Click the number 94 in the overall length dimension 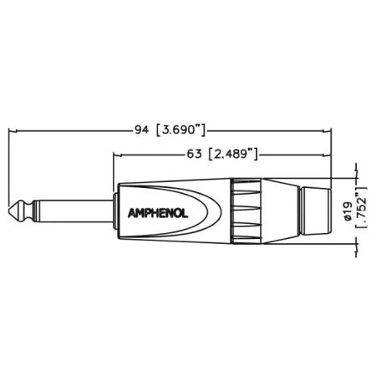[x=141, y=130]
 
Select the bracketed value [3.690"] [x=182, y=130]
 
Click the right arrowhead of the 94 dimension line [x=331, y=130]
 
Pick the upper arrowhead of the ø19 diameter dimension [x=358, y=178]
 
